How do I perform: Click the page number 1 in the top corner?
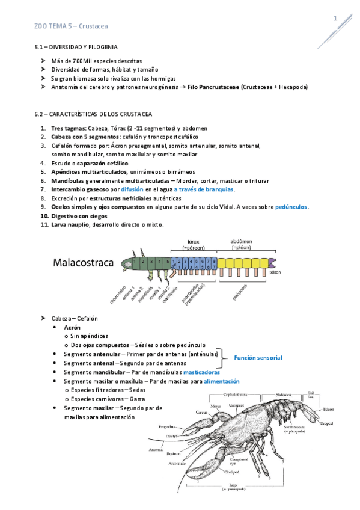pos(335,20)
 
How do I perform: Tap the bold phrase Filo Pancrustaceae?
pos(213,87)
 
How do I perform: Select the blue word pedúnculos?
pos(291,207)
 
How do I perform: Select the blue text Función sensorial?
pos(258,358)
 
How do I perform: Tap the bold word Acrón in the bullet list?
pos(72,327)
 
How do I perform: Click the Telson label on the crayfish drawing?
pos(328,410)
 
